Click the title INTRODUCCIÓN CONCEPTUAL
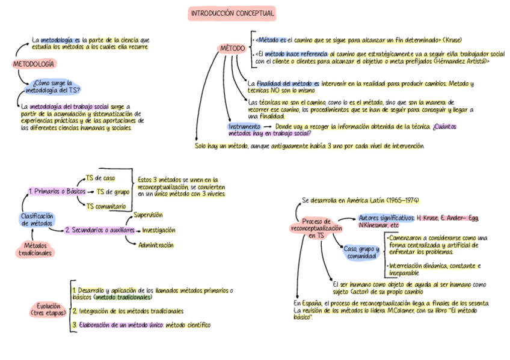[232, 13]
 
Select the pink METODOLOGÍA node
[34, 64]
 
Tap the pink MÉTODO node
[232, 47]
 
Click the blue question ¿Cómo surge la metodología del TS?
[52, 87]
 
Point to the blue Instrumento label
[244, 127]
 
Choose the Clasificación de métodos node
[37, 219]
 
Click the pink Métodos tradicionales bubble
[35, 249]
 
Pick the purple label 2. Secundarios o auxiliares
[100, 230]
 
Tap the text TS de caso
[100, 178]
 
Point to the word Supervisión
[148, 215]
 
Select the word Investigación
[159, 230]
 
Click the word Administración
[156, 245]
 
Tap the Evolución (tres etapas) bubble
[48, 310]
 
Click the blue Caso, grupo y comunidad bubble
[361, 252]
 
